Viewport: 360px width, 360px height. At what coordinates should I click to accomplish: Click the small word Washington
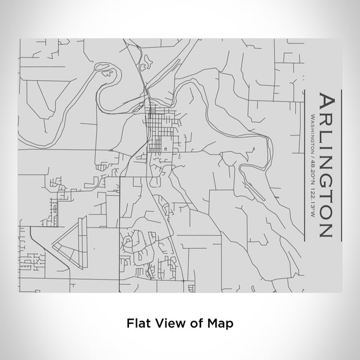tap(313, 133)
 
